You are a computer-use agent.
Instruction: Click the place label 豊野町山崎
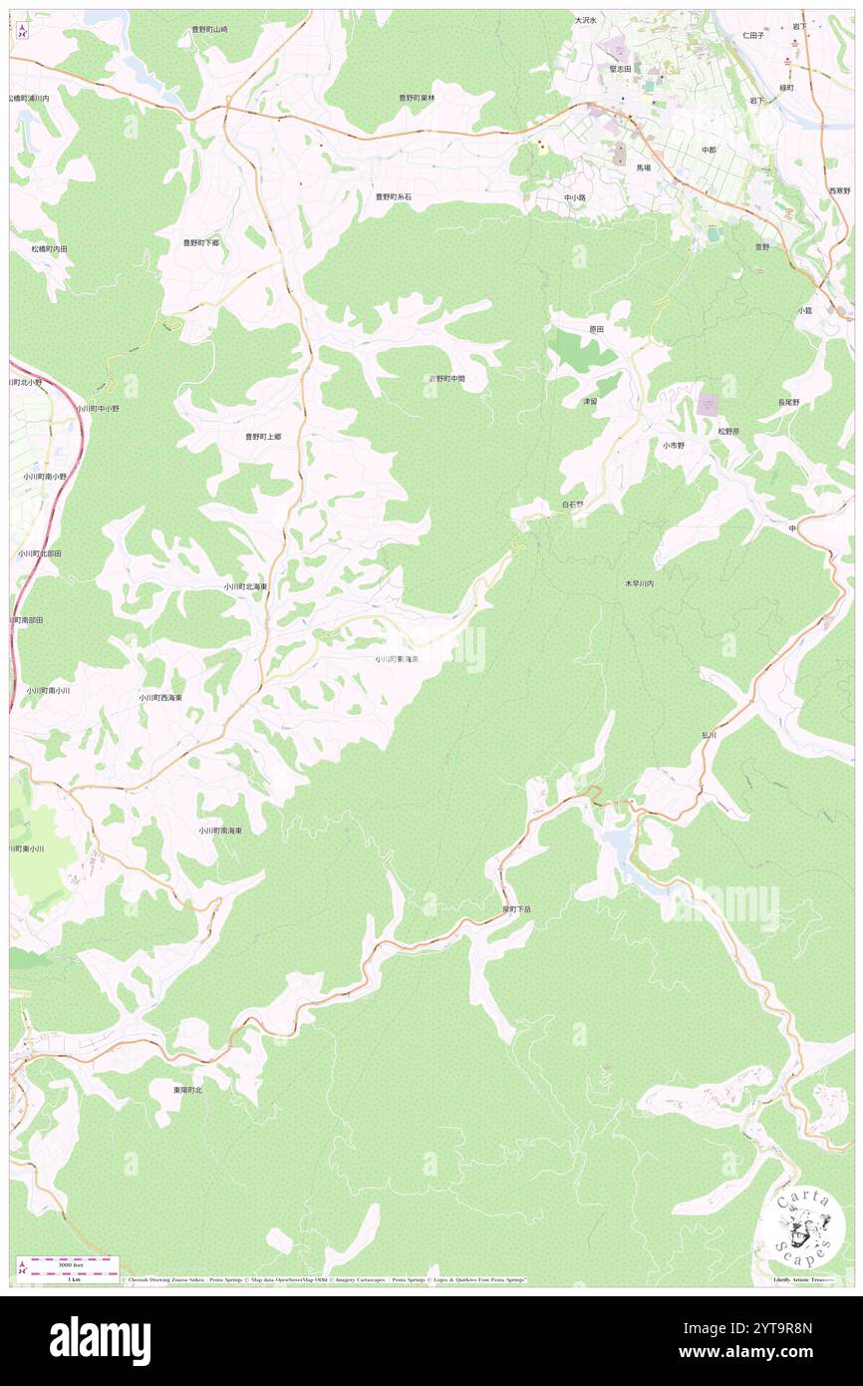tap(209, 30)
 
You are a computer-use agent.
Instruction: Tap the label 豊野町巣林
tap(417, 98)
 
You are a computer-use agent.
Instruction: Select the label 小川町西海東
tap(160, 698)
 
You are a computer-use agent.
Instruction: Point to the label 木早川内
tap(639, 583)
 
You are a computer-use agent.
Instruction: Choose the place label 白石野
tap(572, 506)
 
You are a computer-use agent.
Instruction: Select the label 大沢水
tap(585, 20)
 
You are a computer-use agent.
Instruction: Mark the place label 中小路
tap(575, 197)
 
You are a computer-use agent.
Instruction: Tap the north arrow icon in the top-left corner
tap(22, 30)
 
